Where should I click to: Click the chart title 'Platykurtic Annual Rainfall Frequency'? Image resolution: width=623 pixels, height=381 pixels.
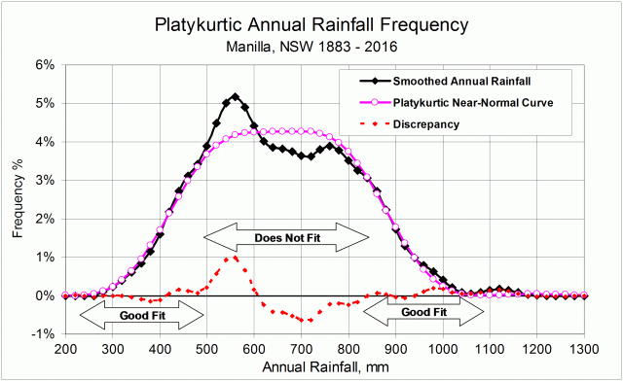click(x=311, y=22)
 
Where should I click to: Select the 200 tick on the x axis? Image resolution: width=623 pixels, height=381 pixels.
click(x=65, y=347)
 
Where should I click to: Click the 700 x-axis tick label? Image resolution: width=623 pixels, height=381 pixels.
click(x=301, y=347)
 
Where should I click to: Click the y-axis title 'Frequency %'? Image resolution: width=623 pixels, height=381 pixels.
click(x=16, y=199)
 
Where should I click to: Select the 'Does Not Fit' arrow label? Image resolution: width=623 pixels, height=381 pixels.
click(x=286, y=235)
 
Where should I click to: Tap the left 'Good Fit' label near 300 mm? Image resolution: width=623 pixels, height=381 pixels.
click(x=142, y=314)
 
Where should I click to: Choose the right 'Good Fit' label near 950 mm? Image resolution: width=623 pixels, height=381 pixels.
click(x=423, y=312)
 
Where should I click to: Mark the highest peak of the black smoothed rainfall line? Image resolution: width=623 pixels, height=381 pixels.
click(x=235, y=97)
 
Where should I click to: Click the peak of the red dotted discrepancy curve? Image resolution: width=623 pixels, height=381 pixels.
click(x=232, y=258)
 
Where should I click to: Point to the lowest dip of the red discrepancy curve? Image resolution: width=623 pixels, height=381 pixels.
click(x=309, y=320)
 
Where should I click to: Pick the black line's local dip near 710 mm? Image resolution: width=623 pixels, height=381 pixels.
click(x=309, y=156)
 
